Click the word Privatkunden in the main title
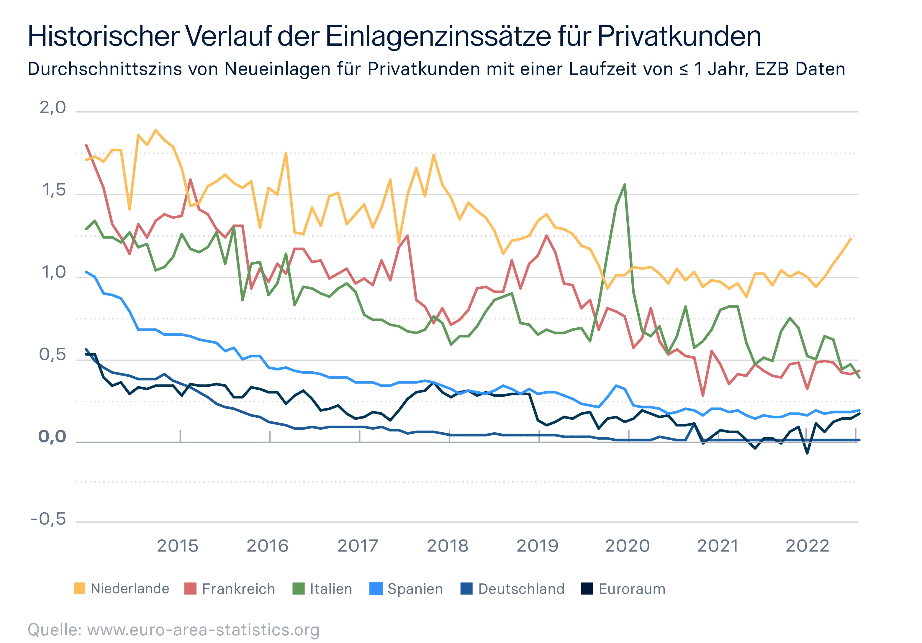679,36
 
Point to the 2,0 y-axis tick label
53,108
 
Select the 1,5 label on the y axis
54,190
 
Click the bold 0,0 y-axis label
52,437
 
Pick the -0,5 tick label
48,519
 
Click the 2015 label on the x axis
178,546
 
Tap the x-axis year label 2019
537,546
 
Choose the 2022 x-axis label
807,546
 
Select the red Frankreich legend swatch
190,589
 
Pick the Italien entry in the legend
330,589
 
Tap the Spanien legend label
415,589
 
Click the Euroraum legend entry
632,589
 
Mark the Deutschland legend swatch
466,589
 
